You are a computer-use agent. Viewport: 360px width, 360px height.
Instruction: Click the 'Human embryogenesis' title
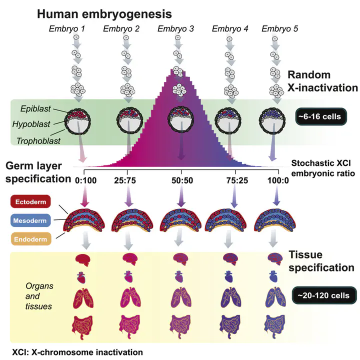[104, 14]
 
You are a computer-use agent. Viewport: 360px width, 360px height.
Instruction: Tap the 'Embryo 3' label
[175, 28]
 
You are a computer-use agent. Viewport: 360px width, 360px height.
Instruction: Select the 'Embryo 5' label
[280, 28]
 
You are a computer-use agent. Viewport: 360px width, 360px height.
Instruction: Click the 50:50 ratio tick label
[182, 180]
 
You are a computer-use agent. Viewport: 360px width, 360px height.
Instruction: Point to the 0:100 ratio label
[85, 180]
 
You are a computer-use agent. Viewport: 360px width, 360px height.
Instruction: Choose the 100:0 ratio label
[278, 180]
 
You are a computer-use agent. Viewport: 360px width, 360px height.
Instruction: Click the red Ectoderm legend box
[30, 201]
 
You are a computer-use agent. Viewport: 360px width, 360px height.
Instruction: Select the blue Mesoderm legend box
[30, 220]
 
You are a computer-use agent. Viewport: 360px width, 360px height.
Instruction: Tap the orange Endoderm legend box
[30, 239]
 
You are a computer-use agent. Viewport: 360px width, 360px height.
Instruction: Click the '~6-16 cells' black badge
[320, 116]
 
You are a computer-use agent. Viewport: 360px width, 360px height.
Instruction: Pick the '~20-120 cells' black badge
[324, 295]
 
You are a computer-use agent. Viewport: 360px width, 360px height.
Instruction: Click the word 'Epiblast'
[35, 108]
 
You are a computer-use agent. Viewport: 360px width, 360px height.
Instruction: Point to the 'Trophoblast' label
[38, 140]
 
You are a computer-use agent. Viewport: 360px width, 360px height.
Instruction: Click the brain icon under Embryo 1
[83, 259]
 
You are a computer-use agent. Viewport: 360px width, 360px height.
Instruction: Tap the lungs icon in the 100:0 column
[275, 298]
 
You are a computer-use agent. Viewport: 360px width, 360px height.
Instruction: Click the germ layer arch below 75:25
[225, 220]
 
